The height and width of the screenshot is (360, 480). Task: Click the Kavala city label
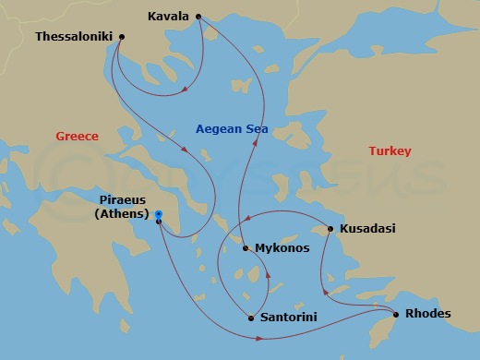coord(168,17)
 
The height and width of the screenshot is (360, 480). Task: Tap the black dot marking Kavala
coord(198,17)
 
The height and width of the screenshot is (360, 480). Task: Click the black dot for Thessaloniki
coord(122,37)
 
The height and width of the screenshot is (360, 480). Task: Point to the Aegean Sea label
coord(232,130)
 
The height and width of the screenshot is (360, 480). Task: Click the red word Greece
coord(77,136)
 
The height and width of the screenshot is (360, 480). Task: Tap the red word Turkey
coord(390,151)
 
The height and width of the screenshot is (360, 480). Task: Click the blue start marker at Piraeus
coord(159,214)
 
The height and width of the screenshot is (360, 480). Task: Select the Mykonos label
coord(282,248)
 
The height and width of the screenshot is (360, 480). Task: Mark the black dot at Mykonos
coord(245,247)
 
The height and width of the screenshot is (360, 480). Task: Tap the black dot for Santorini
coord(251,318)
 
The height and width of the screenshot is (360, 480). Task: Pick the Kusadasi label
coord(367,229)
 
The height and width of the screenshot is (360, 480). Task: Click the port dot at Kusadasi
coord(330,229)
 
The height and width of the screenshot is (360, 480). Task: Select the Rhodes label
coord(427,314)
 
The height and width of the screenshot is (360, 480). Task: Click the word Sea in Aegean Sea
coord(256,130)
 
